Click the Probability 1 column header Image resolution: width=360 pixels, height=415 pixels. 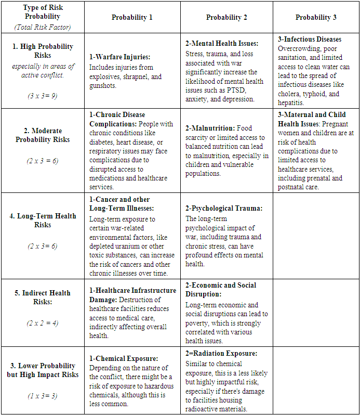point(132,18)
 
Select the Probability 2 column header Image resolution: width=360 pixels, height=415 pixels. point(226,18)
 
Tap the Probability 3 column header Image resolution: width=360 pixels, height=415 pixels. point(316,18)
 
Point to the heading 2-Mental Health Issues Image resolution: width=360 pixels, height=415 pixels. point(222,44)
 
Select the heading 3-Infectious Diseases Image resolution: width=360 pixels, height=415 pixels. point(310,39)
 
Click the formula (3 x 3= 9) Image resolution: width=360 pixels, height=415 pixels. point(43,96)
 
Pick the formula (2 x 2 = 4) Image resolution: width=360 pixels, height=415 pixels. point(43,323)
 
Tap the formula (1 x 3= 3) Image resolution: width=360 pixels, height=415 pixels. point(43,396)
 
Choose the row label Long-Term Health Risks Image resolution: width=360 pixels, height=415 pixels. point(43,220)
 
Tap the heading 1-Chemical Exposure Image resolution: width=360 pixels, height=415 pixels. point(124,358)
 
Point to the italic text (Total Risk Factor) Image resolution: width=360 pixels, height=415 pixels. point(43,27)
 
